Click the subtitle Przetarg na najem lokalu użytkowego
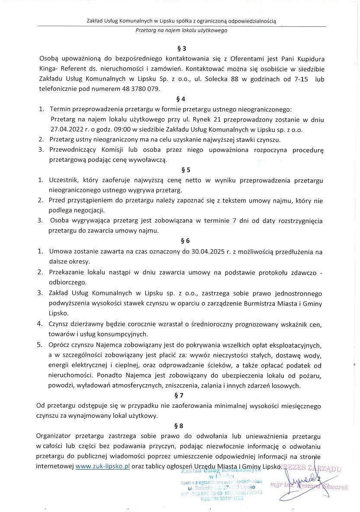tap(181, 31)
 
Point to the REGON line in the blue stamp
tap(222, 498)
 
